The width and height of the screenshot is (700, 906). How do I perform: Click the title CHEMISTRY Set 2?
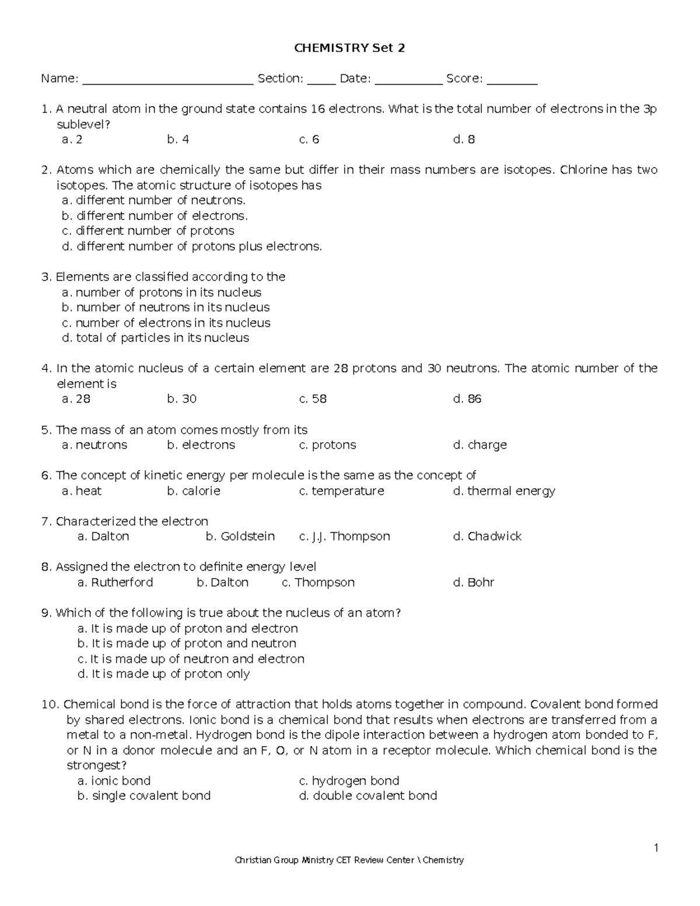pos(349,48)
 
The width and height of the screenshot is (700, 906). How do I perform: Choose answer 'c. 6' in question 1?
pos(309,139)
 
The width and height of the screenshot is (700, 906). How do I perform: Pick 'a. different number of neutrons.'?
pos(153,200)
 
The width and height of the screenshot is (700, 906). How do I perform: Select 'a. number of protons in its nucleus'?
pos(161,292)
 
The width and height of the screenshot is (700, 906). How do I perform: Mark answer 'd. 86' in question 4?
pos(467,399)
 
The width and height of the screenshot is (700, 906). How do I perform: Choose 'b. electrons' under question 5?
pos(201,445)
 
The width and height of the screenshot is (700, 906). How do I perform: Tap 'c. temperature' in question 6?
pos(341,491)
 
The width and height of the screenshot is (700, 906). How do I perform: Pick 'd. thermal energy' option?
pos(504,491)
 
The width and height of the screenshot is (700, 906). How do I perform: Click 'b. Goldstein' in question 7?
pos(240,537)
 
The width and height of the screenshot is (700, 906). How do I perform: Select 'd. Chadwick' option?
pos(487,537)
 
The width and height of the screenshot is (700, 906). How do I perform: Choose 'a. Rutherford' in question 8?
pos(115,583)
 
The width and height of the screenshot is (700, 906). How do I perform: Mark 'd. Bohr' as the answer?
pos(473,583)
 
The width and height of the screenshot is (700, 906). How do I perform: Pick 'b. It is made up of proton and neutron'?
pos(187,643)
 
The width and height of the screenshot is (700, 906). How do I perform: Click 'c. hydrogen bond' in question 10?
pos(349,781)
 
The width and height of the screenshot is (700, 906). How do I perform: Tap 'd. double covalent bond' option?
pos(367,796)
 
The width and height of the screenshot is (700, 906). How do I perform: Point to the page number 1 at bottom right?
pos(656,848)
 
